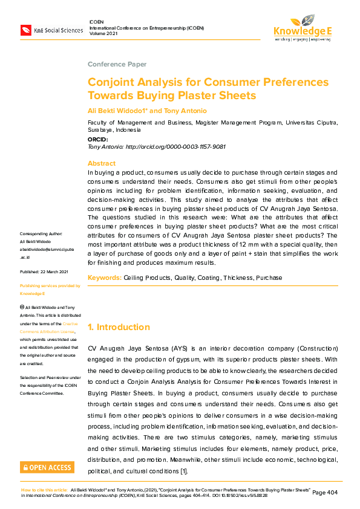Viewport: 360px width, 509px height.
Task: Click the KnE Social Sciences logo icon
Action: click(26, 30)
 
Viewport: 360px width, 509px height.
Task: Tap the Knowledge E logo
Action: click(302, 28)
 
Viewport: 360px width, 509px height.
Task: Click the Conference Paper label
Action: click(117, 64)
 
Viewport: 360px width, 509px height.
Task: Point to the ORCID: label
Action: click(98, 140)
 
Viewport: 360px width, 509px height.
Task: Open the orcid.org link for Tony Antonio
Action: click(175, 147)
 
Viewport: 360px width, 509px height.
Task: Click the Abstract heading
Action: click(101, 164)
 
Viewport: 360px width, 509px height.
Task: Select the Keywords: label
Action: click(105, 277)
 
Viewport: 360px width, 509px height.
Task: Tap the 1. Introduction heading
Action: click(119, 327)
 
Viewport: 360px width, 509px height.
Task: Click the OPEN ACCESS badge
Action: click(47, 467)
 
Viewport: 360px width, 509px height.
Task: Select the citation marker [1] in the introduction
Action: click(184, 471)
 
